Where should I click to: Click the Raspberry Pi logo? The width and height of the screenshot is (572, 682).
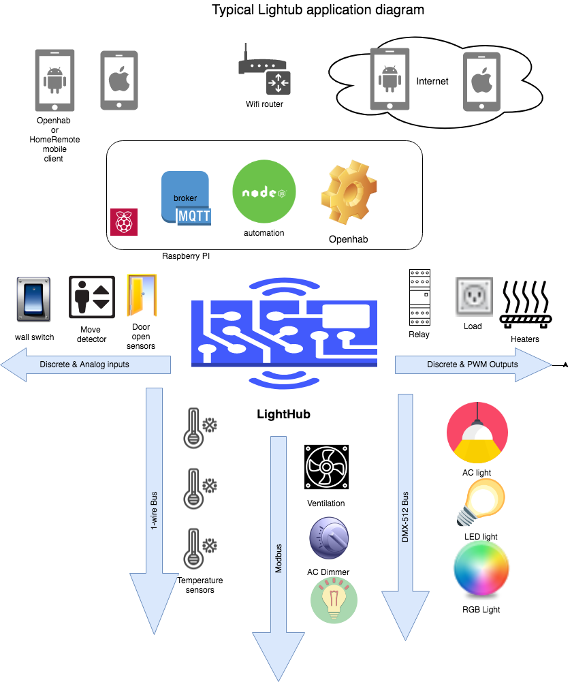pyautogui.click(x=124, y=222)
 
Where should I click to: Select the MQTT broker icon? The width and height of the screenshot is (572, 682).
pyautogui.click(x=185, y=198)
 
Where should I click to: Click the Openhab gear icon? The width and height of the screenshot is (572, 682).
pyautogui.click(x=349, y=193)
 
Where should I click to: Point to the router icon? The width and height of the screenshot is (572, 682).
pyautogui.click(x=265, y=71)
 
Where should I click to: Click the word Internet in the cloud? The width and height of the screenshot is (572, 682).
pyautogui.click(x=432, y=81)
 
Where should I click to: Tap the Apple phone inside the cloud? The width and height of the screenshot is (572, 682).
pyautogui.click(x=481, y=81)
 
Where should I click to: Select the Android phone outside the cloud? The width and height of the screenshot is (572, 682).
pyautogui.click(x=54, y=80)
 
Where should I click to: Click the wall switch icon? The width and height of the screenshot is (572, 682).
pyautogui.click(x=33, y=298)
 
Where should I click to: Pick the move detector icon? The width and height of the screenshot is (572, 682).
pyautogui.click(x=92, y=297)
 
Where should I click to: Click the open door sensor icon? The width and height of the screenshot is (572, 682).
pyautogui.click(x=142, y=295)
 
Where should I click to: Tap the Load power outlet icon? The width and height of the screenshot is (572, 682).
pyautogui.click(x=473, y=296)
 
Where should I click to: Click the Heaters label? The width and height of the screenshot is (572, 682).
pyautogui.click(x=524, y=339)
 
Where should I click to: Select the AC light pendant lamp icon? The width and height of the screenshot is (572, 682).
pyautogui.click(x=477, y=433)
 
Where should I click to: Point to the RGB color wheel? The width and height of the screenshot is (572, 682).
pyautogui.click(x=481, y=569)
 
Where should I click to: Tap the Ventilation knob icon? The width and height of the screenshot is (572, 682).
pyautogui.click(x=329, y=538)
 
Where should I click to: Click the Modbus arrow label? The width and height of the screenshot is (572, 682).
pyautogui.click(x=279, y=557)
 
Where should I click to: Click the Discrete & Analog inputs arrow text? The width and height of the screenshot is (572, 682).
pyautogui.click(x=84, y=365)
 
